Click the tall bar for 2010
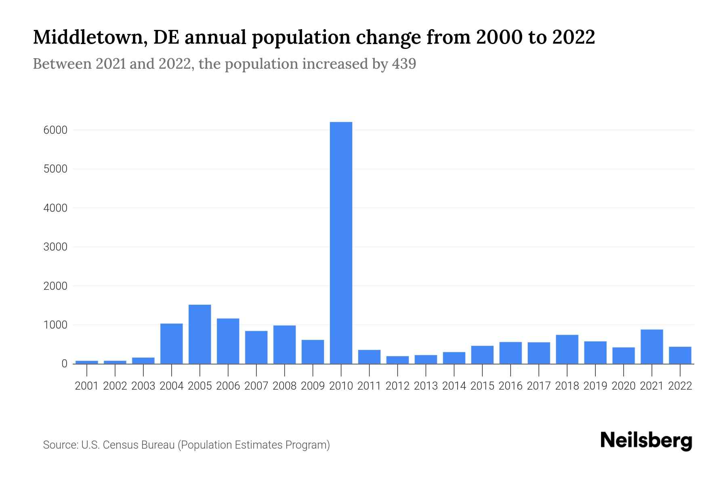pyautogui.click(x=341, y=242)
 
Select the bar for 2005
pyautogui.click(x=200, y=334)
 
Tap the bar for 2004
pyautogui.click(x=171, y=344)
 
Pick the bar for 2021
pyautogui.click(x=651, y=347)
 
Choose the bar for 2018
pyautogui.click(x=567, y=349)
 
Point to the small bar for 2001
pyautogui.click(x=87, y=362)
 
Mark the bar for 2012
pyautogui.click(x=397, y=360)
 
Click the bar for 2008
pyautogui.click(x=284, y=344)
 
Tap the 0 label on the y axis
pyautogui.click(x=64, y=364)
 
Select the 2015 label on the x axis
pyautogui.click(x=482, y=386)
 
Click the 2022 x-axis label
pyautogui.click(x=680, y=386)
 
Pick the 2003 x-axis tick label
pyautogui.click(x=143, y=386)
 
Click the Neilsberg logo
pyautogui.click(x=646, y=441)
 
